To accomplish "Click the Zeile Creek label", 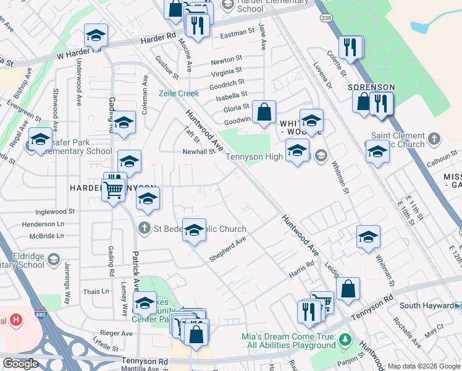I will tap(178, 93).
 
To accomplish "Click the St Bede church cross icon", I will tap(145, 229).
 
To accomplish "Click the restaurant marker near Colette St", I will tap(351, 47).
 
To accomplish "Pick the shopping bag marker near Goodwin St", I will tap(264, 113).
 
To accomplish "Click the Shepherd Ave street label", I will tap(227, 249).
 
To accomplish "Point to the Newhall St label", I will tap(198, 151).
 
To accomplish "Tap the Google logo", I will tap(20, 364).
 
